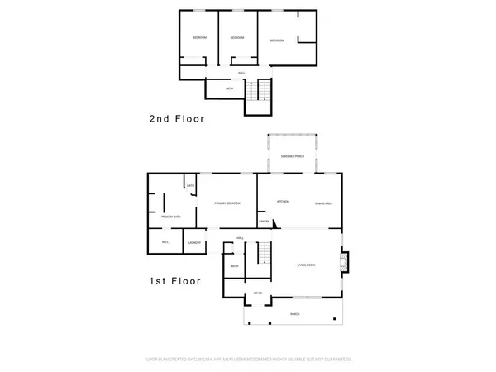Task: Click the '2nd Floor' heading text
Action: pyautogui.click(x=176, y=119)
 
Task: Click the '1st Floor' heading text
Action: pyautogui.click(x=174, y=281)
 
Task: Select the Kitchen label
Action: pyautogui.click(x=281, y=203)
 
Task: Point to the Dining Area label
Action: pyautogui.click(x=323, y=203)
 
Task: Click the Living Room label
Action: pyautogui.click(x=308, y=265)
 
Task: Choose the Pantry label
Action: pyautogui.click(x=264, y=221)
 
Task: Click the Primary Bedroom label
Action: pyautogui.click(x=227, y=203)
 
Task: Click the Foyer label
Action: pyautogui.click(x=258, y=293)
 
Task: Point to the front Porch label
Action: pyautogui.click(x=294, y=314)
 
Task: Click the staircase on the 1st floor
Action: pyautogui.click(x=262, y=252)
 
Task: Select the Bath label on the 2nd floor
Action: pyautogui.click(x=230, y=88)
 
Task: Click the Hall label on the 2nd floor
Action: pyautogui.click(x=242, y=72)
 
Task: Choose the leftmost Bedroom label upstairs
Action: pyautogui.click(x=199, y=38)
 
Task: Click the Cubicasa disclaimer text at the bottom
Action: pyautogui.click(x=248, y=360)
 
